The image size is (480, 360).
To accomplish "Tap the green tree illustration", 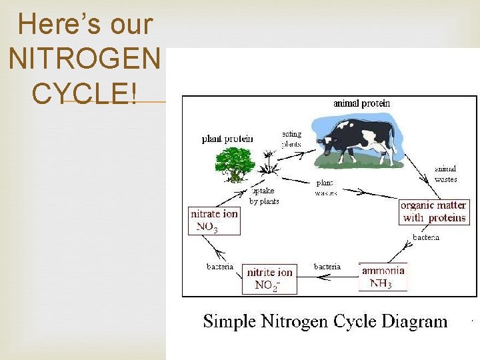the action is (234, 163).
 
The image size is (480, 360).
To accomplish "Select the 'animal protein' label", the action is (361, 103).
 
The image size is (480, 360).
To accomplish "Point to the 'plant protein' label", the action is (227, 139).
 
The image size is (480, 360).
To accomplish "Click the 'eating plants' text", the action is (291, 139).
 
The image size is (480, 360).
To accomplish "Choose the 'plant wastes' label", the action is (325, 187).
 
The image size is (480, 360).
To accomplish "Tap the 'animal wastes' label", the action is (445, 174).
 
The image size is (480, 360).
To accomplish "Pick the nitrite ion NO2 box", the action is (269, 279).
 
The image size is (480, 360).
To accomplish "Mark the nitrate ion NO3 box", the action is (214, 221).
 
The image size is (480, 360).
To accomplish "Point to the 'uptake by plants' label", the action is (264, 196).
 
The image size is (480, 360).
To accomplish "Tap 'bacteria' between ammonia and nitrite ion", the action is (327, 267).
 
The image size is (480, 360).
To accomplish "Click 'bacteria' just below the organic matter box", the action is (426, 237).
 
